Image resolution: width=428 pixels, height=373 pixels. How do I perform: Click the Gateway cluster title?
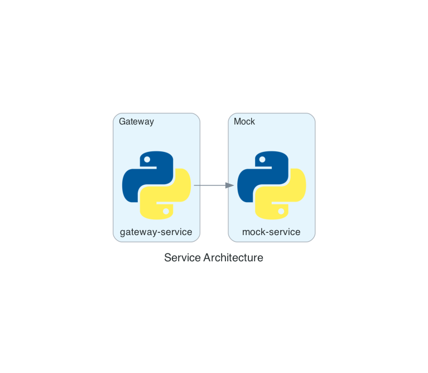[x=137, y=122]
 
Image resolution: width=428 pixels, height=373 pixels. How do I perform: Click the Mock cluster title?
[x=244, y=121]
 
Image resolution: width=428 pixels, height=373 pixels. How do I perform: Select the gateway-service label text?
[x=156, y=232]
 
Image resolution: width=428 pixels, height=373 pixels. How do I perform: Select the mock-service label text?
[x=271, y=232]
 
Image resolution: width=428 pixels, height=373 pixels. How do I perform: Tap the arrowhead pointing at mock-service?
[x=230, y=185]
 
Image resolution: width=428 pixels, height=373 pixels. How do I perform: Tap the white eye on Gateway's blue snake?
[x=147, y=160]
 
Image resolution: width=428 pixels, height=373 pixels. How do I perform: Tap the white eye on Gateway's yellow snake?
[x=166, y=211]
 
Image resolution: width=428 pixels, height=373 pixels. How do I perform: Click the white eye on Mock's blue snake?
[x=262, y=160]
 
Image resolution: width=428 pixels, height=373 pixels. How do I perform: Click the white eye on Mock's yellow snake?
[x=281, y=211]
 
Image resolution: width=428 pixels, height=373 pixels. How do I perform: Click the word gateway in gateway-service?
[x=138, y=233]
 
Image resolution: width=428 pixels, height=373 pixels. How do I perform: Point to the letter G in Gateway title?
[x=122, y=121]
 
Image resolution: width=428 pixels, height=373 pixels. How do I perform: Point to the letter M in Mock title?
[x=237, y=121]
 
